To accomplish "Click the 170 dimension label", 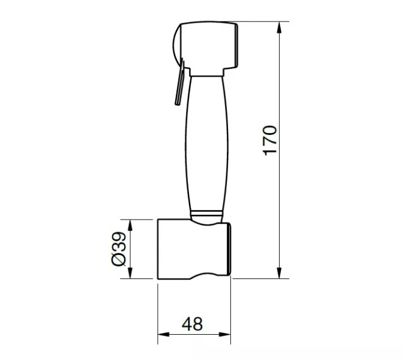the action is coord(269,141).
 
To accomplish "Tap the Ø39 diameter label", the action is coord(119,248).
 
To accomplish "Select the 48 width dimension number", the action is coord(192,324).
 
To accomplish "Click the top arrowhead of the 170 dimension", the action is coord(279,28).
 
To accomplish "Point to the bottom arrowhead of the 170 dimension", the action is coord(279,273).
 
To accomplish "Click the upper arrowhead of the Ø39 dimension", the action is coord(130,226).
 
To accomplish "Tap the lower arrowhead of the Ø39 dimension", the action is coord(130,273).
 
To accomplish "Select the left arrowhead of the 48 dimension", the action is coord(163,334).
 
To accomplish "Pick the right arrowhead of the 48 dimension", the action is coord(225,334).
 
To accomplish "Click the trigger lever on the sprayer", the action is coord(179,83).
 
